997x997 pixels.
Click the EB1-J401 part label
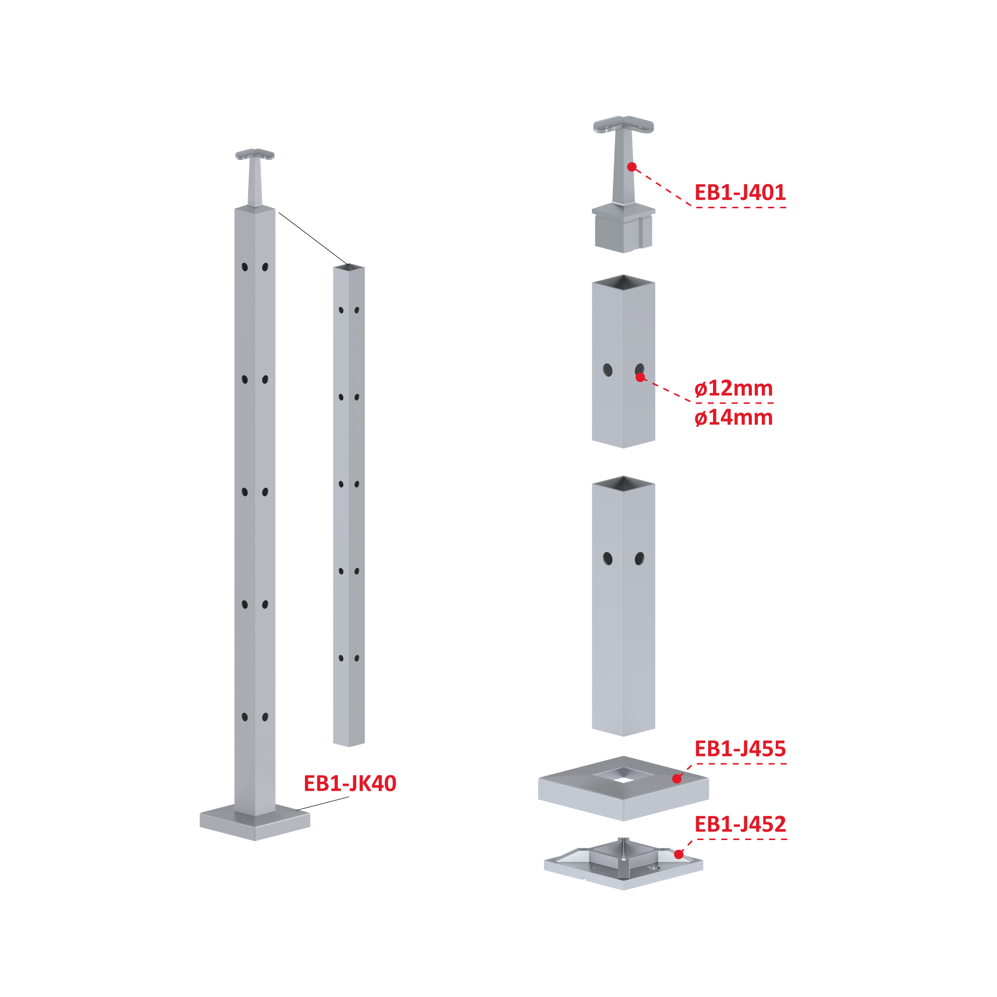coord(739,192)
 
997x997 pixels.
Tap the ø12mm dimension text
coord(733,389)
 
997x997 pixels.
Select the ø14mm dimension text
coord(733,418)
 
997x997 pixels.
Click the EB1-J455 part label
coord(740,748)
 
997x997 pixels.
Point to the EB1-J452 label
coord(740,824)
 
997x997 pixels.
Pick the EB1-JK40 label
coord(350,783)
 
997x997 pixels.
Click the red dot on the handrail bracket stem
coord(632,167)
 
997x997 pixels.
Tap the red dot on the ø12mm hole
coord(640,377)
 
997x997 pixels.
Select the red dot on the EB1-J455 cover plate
coord(677,779)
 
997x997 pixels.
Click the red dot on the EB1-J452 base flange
coord(679,855)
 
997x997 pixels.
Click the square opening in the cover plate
coord(623,775)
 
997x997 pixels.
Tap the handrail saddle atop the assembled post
coord(255,154)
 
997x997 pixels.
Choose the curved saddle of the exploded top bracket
coord(623,125)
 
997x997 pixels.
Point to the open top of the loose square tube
coord(349,267)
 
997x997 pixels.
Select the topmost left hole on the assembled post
coord(245,267)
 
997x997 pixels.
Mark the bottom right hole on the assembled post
coord(265,717)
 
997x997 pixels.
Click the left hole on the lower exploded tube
coord(608,559)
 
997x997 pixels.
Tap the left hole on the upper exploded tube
coord(608,370)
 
